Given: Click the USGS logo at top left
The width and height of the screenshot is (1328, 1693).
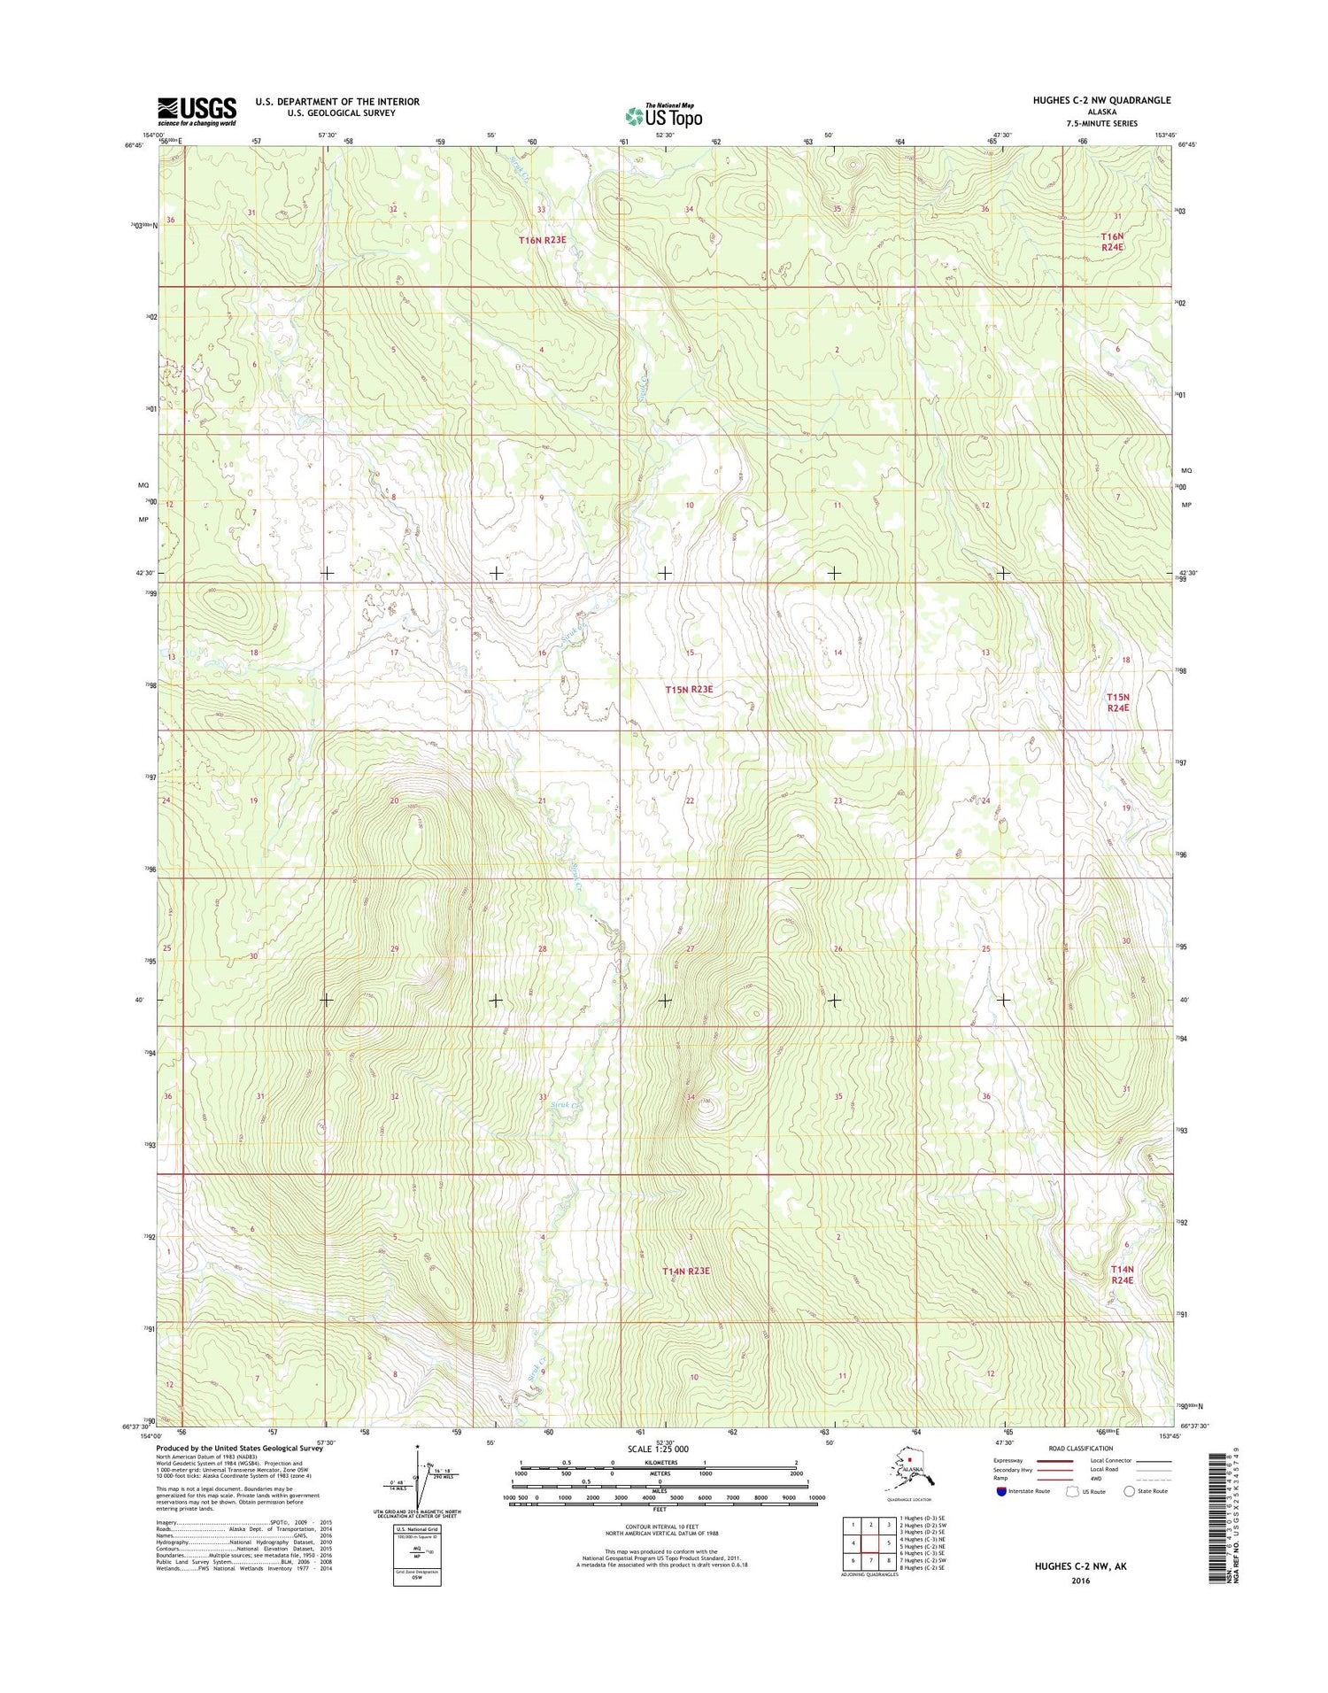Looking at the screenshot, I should [197, 111].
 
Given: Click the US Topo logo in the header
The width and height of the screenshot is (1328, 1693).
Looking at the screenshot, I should [664, 115].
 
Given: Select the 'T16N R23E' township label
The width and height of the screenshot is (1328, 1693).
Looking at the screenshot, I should [542, 240].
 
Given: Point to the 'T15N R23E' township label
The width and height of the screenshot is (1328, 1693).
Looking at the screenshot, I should [689, 689].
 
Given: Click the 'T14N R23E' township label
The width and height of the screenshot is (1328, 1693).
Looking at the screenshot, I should [686, 1271].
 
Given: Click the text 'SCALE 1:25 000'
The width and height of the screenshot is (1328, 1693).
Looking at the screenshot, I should [657, 1449].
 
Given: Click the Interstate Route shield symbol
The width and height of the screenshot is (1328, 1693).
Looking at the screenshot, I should [1001, 1491].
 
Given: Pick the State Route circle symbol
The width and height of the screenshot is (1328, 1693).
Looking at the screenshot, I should [1129, 1491].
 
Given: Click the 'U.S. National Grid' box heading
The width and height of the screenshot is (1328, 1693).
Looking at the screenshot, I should [417, 1529].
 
